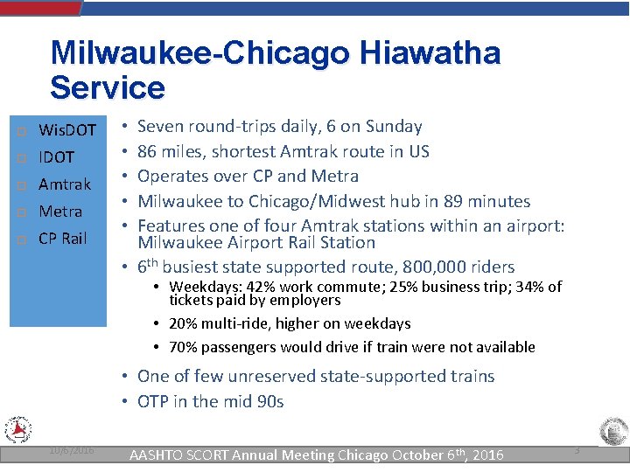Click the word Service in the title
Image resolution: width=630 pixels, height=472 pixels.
click(x=108, y=87)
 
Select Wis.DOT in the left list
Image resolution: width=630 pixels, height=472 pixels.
click(x=67, y=130)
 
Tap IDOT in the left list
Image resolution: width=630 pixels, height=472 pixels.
click(x=57, y=157)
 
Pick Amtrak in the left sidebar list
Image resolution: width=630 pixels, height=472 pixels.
click(x=65, y=184)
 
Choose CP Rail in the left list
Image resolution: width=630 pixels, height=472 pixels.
click(x=63, y=239)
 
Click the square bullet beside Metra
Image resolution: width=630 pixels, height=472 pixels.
click(x=21, y=212)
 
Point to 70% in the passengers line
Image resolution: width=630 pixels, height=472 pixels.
click(x=183, y=347)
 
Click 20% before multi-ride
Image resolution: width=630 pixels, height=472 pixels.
click(x=183, y=323)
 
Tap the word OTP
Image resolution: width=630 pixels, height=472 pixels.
click(x=153, y=402)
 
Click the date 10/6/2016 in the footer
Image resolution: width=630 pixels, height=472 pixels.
click(x=73, y=450)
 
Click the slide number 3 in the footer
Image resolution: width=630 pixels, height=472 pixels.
click(x=577, y=449)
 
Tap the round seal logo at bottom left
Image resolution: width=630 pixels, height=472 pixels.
click(x=18, y=431)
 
